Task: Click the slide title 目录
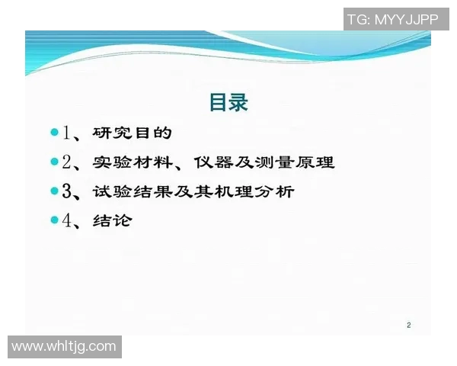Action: coord(228,102)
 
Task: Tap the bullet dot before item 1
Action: coord(54,133)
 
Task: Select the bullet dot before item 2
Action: coord(54,162)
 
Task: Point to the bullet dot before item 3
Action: coord(54,191)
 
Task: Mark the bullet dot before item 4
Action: coord(54,220)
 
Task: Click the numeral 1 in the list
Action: coord(67,133)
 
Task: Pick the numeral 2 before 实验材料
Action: coord(67,162)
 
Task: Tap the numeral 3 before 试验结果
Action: coord(67,191)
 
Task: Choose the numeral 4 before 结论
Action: coord(67,220)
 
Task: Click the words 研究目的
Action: coord(133,133)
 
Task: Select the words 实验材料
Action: coord(133,162)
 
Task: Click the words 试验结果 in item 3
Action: coord(133,191)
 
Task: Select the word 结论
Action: coord(113,220)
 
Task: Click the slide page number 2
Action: coord(408,326)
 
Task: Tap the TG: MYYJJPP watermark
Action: coord(393,19)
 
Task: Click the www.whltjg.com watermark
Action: coord(64,347)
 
